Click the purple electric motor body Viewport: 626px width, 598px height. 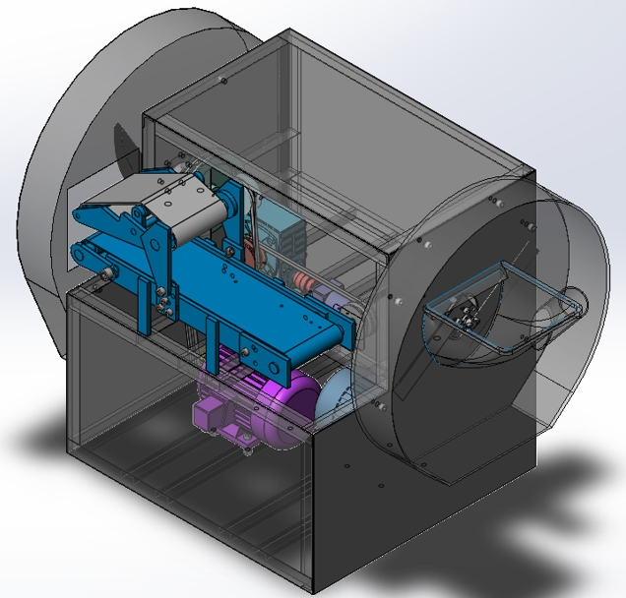271,398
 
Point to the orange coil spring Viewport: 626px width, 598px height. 306,286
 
